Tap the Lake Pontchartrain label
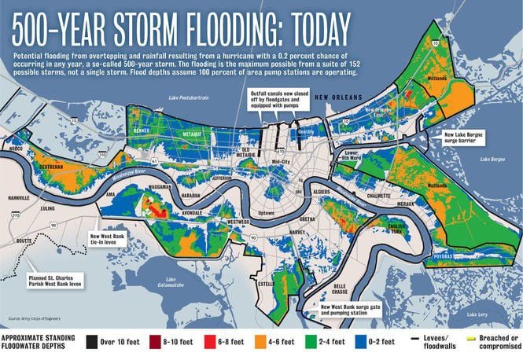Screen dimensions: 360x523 pyautogui.click(x=186, y=97)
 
